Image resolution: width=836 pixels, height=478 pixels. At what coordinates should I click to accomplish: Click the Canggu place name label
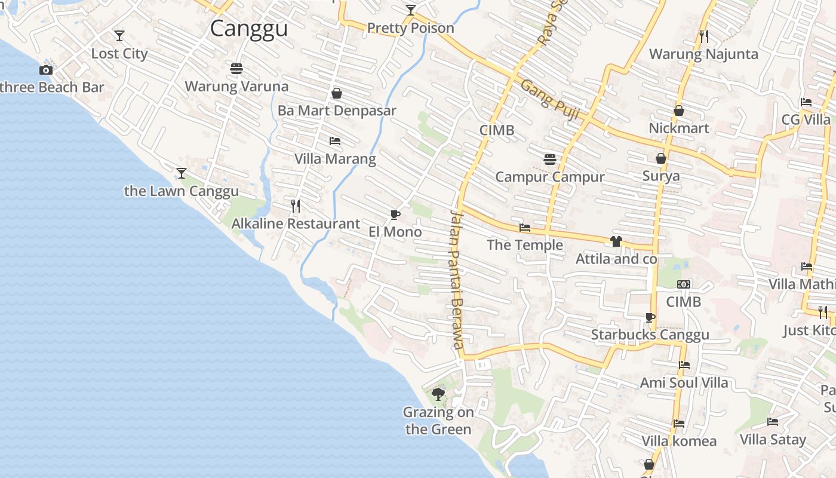click(x=249, y=28)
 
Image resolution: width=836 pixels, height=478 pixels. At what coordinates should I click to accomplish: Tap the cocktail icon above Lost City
click(x=119, y=36)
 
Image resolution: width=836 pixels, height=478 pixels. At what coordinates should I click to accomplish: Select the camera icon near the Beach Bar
click(x=46, y=70)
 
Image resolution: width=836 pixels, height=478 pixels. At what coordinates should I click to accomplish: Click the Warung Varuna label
click(x=236, y=86)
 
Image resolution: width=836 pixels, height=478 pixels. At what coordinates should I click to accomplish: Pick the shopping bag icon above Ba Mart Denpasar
click(x=337, y=93)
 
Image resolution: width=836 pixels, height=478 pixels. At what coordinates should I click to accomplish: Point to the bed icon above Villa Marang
click(x=335, y=141)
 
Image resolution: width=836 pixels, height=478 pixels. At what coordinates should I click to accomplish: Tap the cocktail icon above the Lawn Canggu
click(x=182, y=173)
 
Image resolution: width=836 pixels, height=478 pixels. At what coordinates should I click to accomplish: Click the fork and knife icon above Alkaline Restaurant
click(x=296, y=206)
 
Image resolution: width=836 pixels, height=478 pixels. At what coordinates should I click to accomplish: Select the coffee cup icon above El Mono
click(x=395, y=215)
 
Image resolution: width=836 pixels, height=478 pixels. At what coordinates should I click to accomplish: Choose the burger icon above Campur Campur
click(x=550, y=160)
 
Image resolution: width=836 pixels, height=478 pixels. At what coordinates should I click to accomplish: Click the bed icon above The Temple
click(x=525, y=228)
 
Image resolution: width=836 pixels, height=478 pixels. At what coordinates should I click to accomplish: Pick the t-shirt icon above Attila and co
click(x=616, y=241)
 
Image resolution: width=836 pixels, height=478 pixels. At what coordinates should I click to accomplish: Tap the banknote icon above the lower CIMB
click(x=684, y=284)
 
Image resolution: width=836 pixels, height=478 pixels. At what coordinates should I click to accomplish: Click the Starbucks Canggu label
click(x=650, y=335)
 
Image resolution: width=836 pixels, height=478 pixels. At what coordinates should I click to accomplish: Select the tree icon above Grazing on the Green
click(x=438, y=394)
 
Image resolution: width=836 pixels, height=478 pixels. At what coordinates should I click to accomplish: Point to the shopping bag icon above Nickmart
click(x=679, y=111)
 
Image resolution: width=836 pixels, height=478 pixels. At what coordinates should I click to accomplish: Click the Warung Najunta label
click(x=703, y=54)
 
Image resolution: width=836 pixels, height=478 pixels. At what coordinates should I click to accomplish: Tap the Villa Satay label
click(x=773, y=440)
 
